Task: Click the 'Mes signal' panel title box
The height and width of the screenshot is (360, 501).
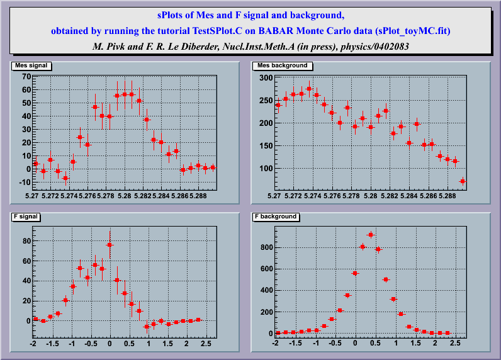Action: point(30,65)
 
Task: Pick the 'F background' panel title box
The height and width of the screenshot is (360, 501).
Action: point(276,216)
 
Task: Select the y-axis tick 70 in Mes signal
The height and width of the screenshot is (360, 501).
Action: point(26,77)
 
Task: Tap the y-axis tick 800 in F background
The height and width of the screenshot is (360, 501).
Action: point(264,247)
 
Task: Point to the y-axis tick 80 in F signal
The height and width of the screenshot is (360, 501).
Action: point(26,241)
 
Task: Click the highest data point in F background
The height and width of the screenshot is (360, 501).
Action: point(370,235)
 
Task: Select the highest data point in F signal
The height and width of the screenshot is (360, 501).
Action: point(110,245)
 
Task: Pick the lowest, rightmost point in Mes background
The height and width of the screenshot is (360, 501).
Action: point(462,181)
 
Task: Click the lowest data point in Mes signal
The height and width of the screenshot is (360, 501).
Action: point(65,178)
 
